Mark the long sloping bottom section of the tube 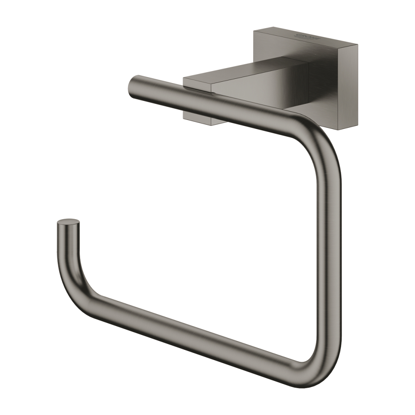tap(195, 328)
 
